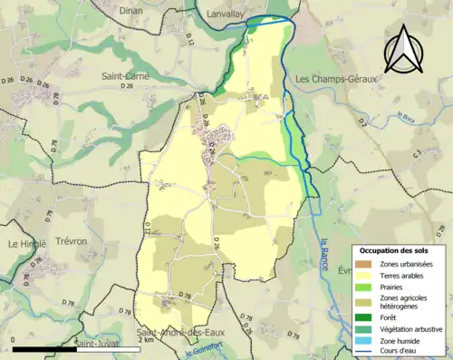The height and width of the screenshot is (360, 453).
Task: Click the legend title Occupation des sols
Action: click(396, 249)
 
